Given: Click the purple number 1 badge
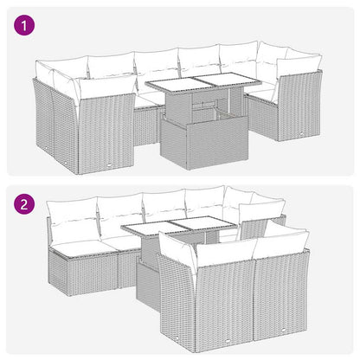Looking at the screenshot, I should click(x=26, y=27).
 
